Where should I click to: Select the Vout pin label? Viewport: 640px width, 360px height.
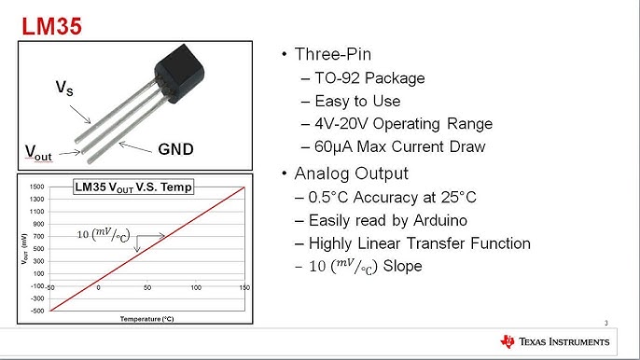click(x=37, y=152)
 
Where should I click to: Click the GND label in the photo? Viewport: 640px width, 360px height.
click(x=175, y=148)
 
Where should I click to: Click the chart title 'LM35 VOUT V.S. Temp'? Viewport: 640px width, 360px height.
click(x=133, y=187)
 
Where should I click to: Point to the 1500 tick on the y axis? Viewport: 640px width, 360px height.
click(x=36, y=187)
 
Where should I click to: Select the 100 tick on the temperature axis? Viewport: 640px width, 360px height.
click(x=196, y=287)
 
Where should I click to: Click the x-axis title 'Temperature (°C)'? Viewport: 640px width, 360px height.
click(x=147, y=318)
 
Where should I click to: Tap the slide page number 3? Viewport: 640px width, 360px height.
click(x=606, y=324)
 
